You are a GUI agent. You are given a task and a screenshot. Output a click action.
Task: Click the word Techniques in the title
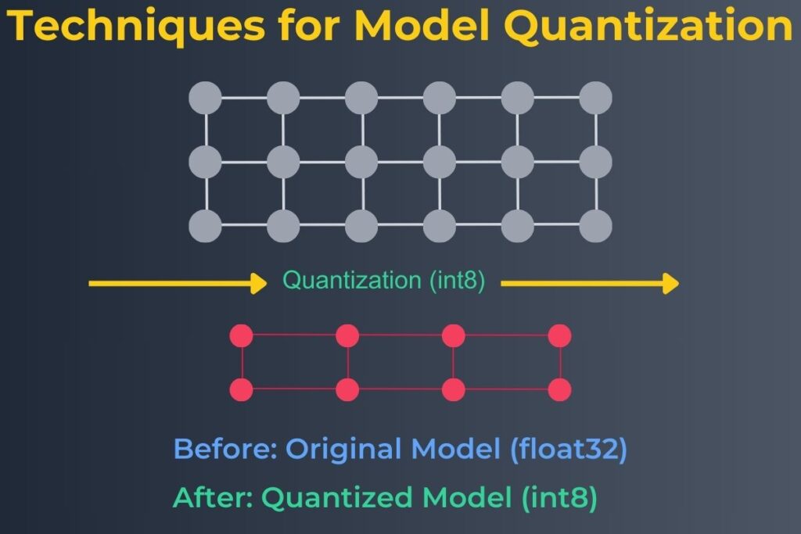136,26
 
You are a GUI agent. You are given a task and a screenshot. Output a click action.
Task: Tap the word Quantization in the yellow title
648,26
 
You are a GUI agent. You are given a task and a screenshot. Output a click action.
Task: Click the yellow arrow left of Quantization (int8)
178,283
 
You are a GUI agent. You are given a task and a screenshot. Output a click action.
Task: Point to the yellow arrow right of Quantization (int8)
590,283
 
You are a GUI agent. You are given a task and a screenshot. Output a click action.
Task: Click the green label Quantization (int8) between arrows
383,281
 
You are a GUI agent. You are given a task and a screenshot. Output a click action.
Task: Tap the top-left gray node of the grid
206,98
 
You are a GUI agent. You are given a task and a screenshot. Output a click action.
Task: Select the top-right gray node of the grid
595,98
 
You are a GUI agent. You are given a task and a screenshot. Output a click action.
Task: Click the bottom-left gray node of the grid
206,226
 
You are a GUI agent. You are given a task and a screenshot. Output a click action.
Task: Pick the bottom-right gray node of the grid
595,226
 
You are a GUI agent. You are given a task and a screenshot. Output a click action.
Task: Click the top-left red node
242,336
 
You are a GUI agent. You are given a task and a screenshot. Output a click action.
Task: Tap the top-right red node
559,336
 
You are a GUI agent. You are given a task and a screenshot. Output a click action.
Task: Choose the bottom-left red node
242,389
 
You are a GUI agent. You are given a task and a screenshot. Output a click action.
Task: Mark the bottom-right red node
559,389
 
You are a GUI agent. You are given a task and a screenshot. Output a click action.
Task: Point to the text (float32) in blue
569,450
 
